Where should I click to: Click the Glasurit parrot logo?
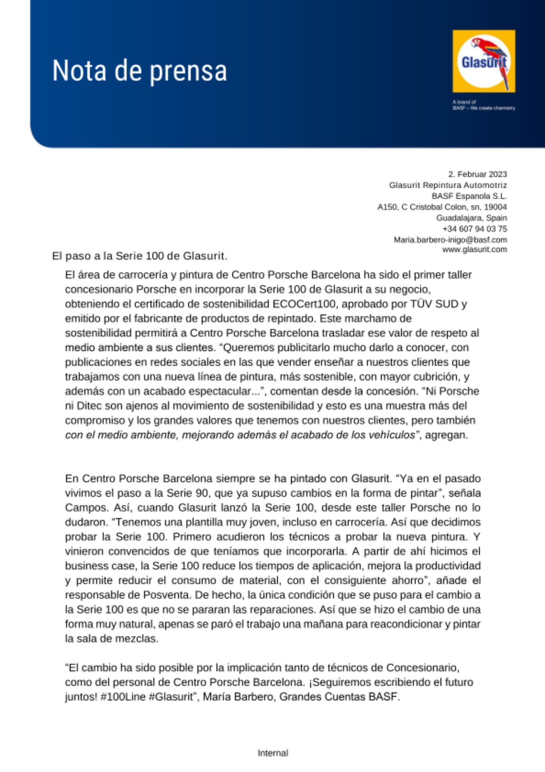(x=484, y=61)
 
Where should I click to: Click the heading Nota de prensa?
(x=140, y=71)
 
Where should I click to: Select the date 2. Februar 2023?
(x=477, y=174)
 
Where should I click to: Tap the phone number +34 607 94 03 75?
(x=475, y=229)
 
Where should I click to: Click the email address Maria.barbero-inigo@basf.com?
(x=450, y=240)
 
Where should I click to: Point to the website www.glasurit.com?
(x=474, y=249)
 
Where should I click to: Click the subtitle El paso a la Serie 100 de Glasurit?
(x=140, y=256)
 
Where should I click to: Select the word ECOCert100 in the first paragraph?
(x=304, y=304)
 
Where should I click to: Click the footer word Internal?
(x=273, y=753)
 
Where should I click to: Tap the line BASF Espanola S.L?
(x=469, y=196)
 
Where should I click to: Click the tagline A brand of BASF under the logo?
(x=483, y=105)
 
